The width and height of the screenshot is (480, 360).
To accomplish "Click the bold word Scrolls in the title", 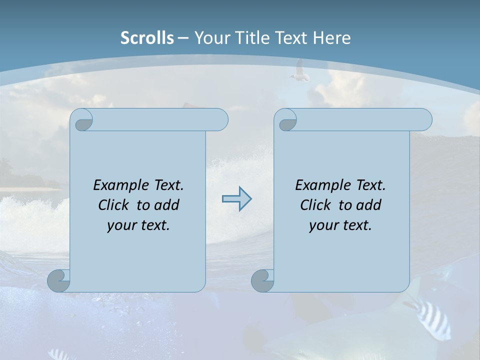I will click(147, 38).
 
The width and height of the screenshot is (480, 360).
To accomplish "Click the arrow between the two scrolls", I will click(236, 199).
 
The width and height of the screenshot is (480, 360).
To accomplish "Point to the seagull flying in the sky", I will click(299, 71).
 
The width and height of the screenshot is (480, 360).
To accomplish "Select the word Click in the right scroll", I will click(315, 205).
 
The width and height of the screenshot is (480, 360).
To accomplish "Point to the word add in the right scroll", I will click(368, 205).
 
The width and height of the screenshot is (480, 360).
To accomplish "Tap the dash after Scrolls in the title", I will click(183, 38).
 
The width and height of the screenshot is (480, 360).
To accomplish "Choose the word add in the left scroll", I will click(166, 205).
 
